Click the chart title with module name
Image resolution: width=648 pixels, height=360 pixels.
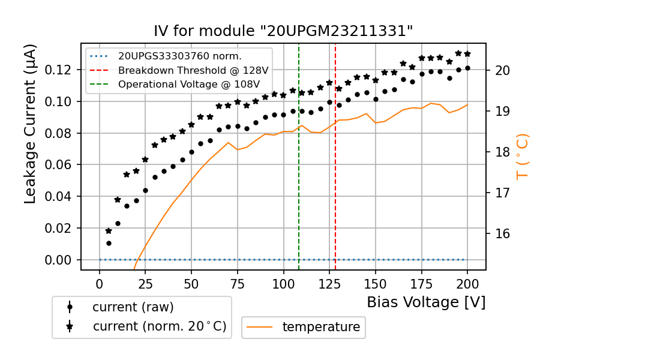[283, 31]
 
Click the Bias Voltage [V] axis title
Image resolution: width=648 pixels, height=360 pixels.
[426, 302]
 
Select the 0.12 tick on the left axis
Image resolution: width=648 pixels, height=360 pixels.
[63, 70]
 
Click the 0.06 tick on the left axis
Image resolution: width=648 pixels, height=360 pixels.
[63, 165]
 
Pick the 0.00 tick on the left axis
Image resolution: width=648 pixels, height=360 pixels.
[63, 260]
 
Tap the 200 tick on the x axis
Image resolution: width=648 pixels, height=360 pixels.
[467, 283]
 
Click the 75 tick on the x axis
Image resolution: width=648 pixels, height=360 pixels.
[238, 283]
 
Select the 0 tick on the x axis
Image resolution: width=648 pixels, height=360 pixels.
[100, 283]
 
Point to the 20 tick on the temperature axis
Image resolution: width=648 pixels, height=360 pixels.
[503, 70]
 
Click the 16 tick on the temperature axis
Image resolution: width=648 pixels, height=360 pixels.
[503, 233]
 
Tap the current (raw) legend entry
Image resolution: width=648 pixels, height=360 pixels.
[133, 307]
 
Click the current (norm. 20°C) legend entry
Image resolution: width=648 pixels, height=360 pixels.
[159, 327]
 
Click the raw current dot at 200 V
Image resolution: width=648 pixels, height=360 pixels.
[467, 68]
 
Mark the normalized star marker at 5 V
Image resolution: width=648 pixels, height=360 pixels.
[109, 230]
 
